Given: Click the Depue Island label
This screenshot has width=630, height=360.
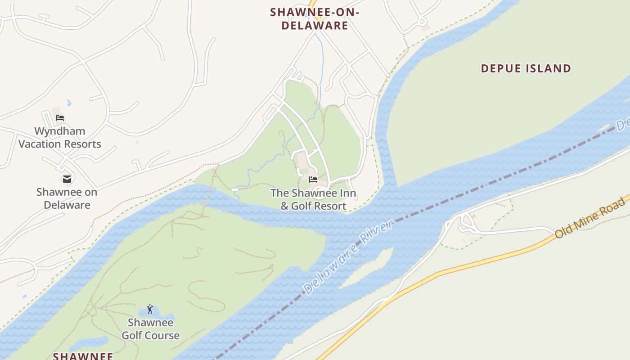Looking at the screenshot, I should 526,68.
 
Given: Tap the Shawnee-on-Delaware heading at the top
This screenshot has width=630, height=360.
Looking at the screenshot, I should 315,18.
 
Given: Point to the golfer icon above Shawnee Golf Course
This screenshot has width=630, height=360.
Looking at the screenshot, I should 150,309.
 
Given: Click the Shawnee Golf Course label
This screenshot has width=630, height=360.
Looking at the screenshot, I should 150,329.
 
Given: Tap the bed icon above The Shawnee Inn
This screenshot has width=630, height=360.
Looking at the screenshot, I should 313,179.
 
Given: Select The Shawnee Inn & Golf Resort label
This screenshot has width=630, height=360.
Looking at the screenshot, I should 313,199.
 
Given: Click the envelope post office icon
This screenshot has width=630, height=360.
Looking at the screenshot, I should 67,179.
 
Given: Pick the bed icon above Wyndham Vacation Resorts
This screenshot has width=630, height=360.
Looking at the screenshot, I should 60,118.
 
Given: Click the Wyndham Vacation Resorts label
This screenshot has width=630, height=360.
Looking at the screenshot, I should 60,138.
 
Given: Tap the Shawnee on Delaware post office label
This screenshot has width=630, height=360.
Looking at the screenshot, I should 67,198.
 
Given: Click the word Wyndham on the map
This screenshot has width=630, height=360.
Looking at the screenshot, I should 60,131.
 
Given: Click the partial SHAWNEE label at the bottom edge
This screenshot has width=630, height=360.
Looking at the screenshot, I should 83,356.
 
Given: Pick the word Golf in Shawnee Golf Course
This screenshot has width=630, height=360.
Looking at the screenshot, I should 132,335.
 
